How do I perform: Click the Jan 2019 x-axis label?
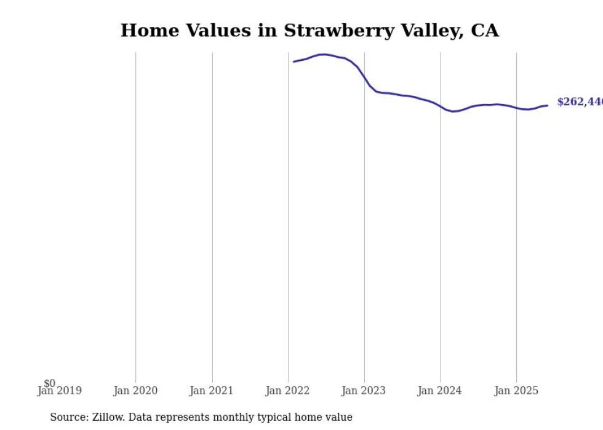59,391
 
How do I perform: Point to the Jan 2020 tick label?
135,391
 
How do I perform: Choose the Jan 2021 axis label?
212,391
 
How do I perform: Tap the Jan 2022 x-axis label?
288,391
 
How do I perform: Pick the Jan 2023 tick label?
364,391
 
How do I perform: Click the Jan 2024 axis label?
440,391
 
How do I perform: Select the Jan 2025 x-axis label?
516,391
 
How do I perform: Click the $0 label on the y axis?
49,383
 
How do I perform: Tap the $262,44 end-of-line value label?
579,102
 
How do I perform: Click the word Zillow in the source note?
108,417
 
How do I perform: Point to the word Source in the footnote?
69,417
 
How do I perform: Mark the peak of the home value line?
323,54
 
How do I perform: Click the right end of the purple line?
547,105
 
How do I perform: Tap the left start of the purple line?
294,62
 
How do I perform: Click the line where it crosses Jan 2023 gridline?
364,78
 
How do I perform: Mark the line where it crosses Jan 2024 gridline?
441,107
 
